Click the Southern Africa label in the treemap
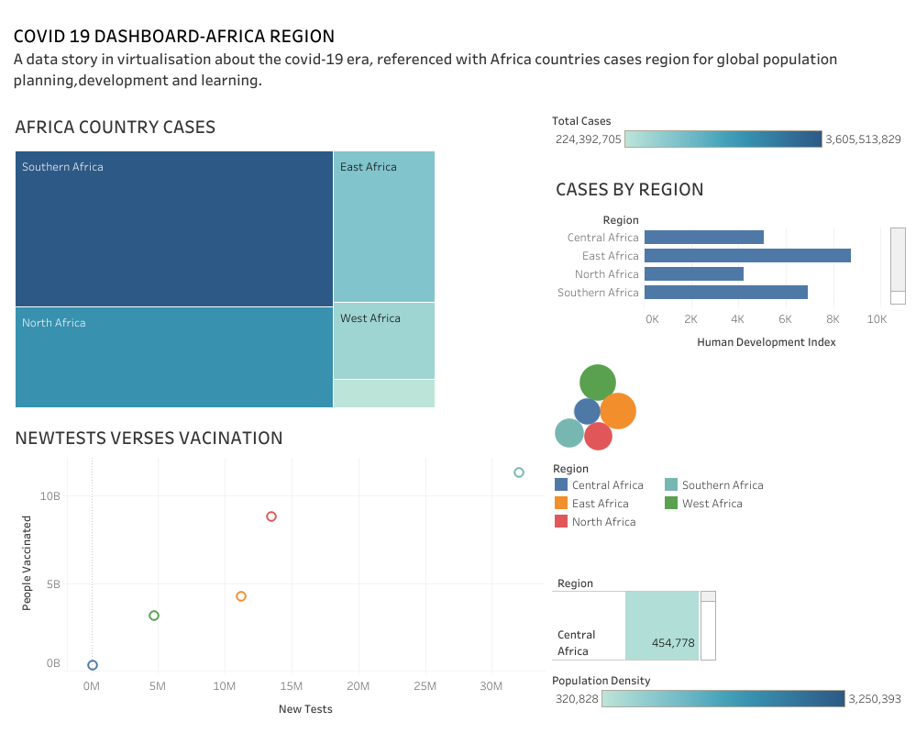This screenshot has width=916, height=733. tap(62, 167)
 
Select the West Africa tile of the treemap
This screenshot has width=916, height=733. tap(383, 341)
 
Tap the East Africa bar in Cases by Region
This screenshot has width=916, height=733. tap(747, 256)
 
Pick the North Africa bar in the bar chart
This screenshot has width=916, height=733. tap(693, 274)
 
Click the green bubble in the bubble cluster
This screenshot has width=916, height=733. tap(597, 382)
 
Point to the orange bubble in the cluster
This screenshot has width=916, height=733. tap(618, 411)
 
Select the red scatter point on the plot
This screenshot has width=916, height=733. tap(271, 516)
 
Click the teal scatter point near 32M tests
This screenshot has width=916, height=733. tap(519, 472)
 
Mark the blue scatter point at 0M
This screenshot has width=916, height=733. tap(93, 665)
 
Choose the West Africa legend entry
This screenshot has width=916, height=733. tap(712, 504)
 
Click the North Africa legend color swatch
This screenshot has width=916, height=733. tap(561, 522)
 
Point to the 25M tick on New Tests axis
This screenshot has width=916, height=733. tap(425, 686)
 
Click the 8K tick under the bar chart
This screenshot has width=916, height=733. tap(833, 319)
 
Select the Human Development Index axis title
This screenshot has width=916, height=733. tap(767, 342)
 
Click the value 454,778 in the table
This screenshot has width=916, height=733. tap(673, 643)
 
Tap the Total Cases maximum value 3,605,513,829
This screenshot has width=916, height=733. tap(863, 139)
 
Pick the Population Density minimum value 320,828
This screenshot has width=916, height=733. tap(577, 699)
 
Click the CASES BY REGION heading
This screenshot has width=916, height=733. tap(629, 190)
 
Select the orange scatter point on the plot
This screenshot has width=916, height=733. tap(241, 596)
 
